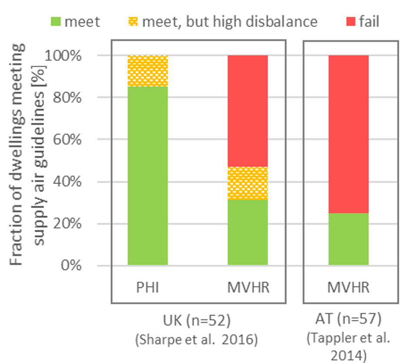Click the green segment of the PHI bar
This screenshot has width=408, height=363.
pos(147,176)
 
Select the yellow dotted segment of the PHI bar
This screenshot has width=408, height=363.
pos(147,71)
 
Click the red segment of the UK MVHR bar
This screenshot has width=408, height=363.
pos(248,111)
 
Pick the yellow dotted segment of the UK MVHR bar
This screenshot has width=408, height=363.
pos(248,183)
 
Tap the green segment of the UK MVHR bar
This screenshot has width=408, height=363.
pos(248,232)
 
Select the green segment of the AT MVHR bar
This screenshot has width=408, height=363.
pos(348,239)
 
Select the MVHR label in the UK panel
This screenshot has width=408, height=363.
pos(248,289)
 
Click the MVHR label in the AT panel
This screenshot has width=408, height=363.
pos(348,289)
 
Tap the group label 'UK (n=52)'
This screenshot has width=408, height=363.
pos(199,322)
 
